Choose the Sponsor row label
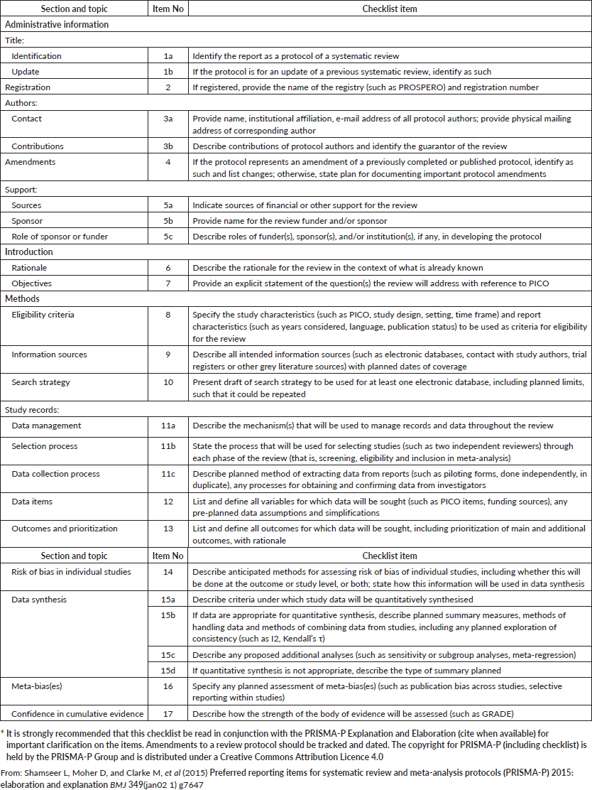coord(26,221)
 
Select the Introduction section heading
coord(30,252)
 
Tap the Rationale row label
coord(30,268)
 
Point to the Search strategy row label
coord(40,382)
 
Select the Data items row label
coord(32,502)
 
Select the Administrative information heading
coord(57,24)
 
